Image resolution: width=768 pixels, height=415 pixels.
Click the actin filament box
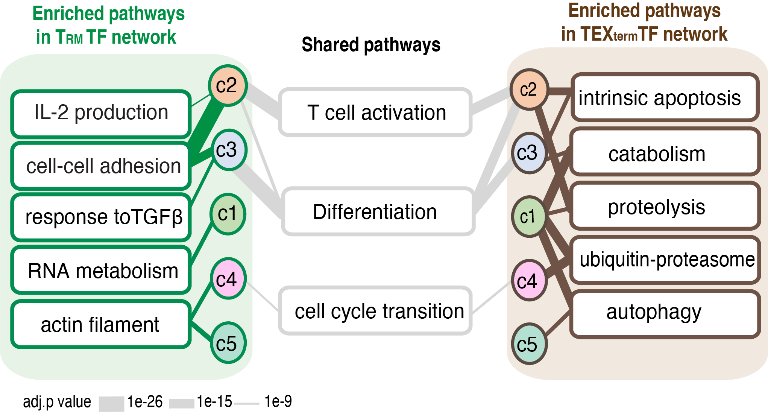[x=100, y=324]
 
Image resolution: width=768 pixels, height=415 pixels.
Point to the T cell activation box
[x=375, y=112]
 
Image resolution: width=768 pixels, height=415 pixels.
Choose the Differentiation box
[x=377, y=211]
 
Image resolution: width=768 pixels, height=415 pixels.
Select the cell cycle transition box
[x=375, y=311]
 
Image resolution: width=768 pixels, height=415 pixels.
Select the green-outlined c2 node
[x=227, y=85]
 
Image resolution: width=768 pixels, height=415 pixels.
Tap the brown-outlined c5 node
[x=529, y=344]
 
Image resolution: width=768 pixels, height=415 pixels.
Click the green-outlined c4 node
[x=228, y=279]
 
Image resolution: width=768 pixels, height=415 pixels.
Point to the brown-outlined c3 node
[x=529, y=153]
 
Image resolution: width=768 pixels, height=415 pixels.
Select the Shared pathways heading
[x=371, y=45]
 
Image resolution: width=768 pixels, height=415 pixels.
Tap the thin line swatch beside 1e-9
[x=247, y=404]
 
